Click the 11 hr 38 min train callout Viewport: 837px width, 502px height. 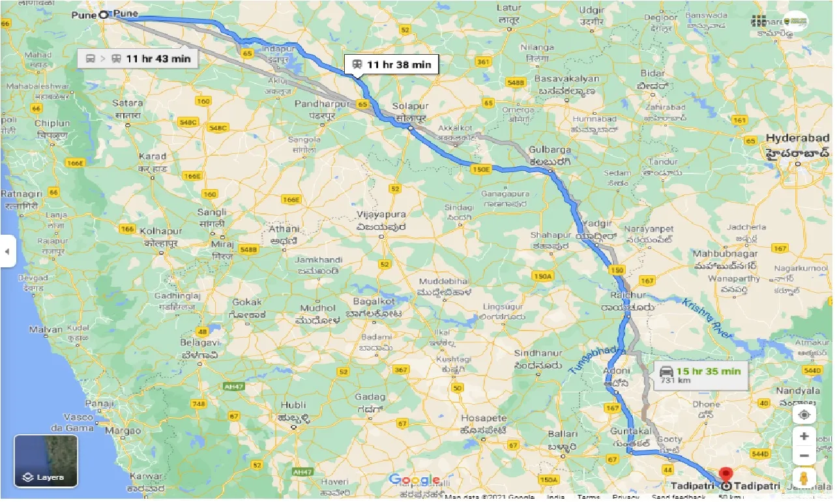(392, 64)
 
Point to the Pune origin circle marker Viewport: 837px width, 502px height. (104, 14)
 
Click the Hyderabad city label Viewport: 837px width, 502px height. (797, 138)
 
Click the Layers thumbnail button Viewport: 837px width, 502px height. (46, 461)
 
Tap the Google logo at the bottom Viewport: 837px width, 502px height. (415, 480)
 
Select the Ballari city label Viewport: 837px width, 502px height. (562, 434)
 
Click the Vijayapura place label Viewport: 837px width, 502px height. (382, 214)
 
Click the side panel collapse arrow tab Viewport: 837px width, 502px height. (7, 251)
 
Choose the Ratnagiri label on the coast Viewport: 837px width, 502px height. (22, 194)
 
